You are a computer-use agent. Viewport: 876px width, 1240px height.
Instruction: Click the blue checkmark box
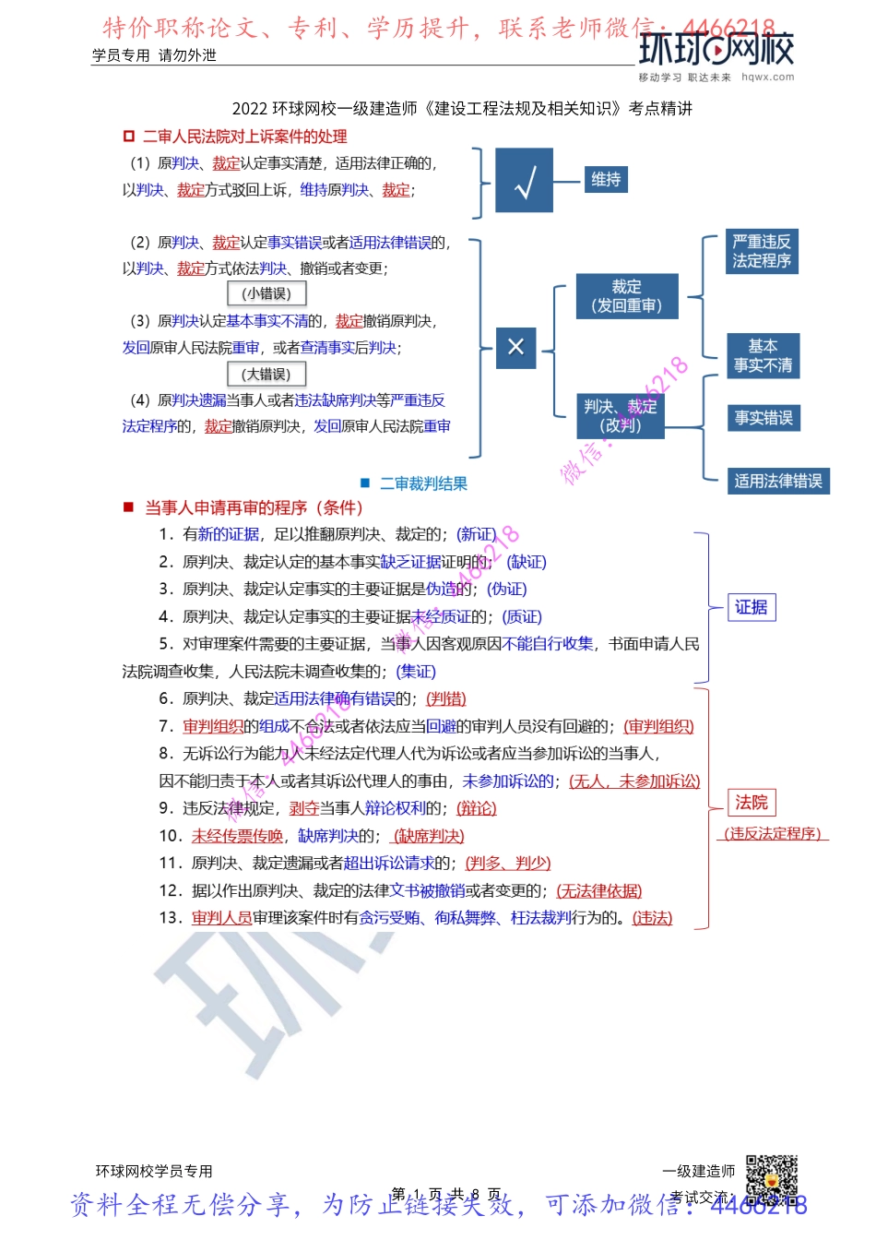525,181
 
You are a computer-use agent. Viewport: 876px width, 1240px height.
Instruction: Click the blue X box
515,348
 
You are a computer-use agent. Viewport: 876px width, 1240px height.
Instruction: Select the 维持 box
606,180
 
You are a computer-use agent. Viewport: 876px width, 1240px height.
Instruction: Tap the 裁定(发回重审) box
626,296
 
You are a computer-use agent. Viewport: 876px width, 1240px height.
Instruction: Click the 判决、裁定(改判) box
621,416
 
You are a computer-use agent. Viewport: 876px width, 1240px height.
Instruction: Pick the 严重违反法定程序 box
761,252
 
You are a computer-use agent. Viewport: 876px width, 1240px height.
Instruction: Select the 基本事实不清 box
763,356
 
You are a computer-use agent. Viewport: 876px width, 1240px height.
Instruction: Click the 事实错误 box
764,418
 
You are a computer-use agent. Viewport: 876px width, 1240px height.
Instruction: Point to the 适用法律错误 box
778,481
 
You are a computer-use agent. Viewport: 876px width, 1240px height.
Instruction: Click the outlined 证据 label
752,607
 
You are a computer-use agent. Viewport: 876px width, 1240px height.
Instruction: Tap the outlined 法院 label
752,803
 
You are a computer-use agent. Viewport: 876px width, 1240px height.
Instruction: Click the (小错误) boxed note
266,294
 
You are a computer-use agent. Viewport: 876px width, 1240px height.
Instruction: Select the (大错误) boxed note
266,375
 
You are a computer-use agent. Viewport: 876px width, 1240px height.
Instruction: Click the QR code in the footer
771,1179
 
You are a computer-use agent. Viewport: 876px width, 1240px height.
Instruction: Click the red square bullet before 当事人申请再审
129,507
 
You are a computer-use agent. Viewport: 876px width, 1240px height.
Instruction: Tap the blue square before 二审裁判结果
365,483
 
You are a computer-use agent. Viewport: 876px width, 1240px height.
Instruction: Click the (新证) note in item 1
478,534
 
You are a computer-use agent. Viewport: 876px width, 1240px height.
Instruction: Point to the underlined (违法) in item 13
652,918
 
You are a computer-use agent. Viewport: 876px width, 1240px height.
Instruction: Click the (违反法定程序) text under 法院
773,834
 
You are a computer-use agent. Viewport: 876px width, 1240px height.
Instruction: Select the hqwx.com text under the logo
767,77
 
